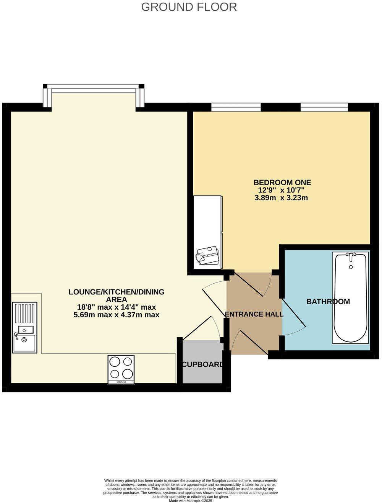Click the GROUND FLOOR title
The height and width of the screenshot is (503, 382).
[189, 7]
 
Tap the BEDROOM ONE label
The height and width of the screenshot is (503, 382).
[282, 182]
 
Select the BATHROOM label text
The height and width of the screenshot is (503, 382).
[328, 302]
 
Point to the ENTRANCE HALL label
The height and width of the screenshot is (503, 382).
[254, 314]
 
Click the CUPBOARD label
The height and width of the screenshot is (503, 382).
[202, 364]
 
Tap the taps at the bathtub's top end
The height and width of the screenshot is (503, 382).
[351, 255]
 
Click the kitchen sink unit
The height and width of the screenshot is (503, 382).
[25, 327]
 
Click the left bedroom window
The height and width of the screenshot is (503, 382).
[236, 107]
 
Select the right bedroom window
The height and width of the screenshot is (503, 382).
[324, 107]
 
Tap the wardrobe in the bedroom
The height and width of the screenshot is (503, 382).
[208, 232]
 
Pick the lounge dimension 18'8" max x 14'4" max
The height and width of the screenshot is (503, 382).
[117, 307]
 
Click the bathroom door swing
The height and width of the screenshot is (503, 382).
[294, 318]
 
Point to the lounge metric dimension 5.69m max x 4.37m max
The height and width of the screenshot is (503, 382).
[117, 315]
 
